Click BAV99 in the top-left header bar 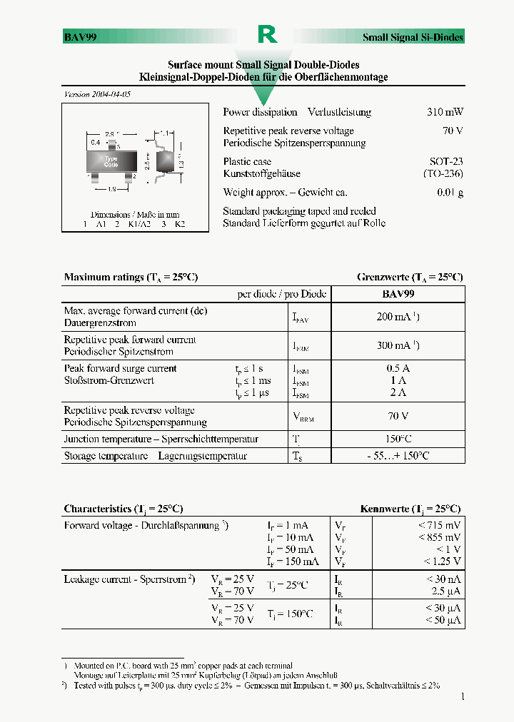coord(81,37)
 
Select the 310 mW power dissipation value coord(445,112)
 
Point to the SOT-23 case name coord(446,161)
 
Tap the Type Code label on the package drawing coord(111,161)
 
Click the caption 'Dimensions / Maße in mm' coord(134,214)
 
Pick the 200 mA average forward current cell coord(398,316)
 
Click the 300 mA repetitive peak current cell coord(398,345)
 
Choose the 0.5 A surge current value coord(398,368)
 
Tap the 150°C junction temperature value coord(398,439)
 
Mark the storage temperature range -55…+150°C coord(398,455)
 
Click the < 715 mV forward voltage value coord(443,525)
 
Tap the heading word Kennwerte coord(384,509)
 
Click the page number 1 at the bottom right coord(462,696)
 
